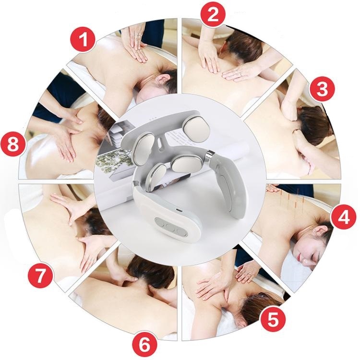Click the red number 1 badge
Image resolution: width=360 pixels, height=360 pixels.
[x=83, y=40]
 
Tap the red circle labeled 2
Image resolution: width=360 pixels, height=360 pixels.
[x=213, y=14]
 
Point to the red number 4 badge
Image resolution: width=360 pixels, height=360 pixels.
[x=344, y=217]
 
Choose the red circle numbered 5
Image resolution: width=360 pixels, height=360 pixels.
[x=273, y=319]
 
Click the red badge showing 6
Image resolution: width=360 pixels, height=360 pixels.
[x=144, y=344]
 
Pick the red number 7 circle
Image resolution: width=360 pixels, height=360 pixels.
[x=40, y=276]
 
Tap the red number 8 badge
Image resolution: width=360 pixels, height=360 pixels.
[x=13, y=144]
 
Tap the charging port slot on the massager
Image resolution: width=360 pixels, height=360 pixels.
[x=179, y=210]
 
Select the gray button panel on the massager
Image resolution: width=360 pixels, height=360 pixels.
[x=171, y=227]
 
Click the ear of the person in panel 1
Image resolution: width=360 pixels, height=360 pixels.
[x=161, y=79]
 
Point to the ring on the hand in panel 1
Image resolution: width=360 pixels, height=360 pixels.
[x=138, y=36]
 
